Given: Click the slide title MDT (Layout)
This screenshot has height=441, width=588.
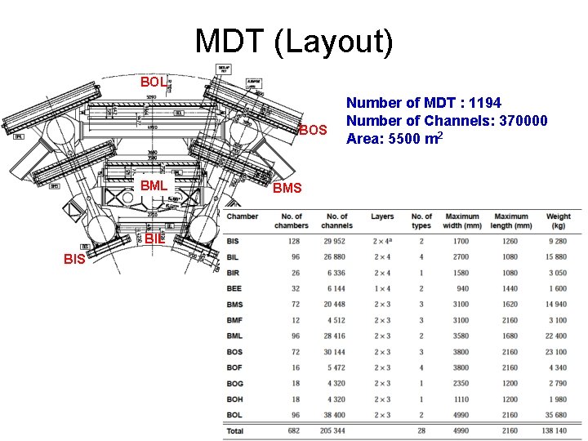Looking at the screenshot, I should (294, 43).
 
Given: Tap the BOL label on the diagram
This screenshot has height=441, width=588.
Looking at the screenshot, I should (153, 82).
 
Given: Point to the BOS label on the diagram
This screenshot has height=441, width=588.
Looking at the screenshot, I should (312, 131).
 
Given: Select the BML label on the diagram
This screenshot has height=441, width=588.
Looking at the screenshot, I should (154, 186).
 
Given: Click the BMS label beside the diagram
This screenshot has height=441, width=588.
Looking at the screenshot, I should (287, 189).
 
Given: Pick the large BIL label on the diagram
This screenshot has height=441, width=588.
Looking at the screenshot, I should (155, 239).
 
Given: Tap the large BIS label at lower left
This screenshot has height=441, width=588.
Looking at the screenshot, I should (75, 260).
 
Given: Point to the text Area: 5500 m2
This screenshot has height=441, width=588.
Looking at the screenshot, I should (395, 139).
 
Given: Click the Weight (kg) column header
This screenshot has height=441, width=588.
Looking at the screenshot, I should (559, 220).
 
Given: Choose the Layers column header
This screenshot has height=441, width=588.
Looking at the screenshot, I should (382, 216).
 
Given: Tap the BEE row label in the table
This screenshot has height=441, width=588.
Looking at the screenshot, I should (234, 288).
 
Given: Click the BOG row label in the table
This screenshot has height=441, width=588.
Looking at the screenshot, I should (235, 383).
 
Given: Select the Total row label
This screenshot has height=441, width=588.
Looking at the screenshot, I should (235, 430).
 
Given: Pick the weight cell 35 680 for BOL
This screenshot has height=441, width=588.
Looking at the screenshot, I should (559, 415).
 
